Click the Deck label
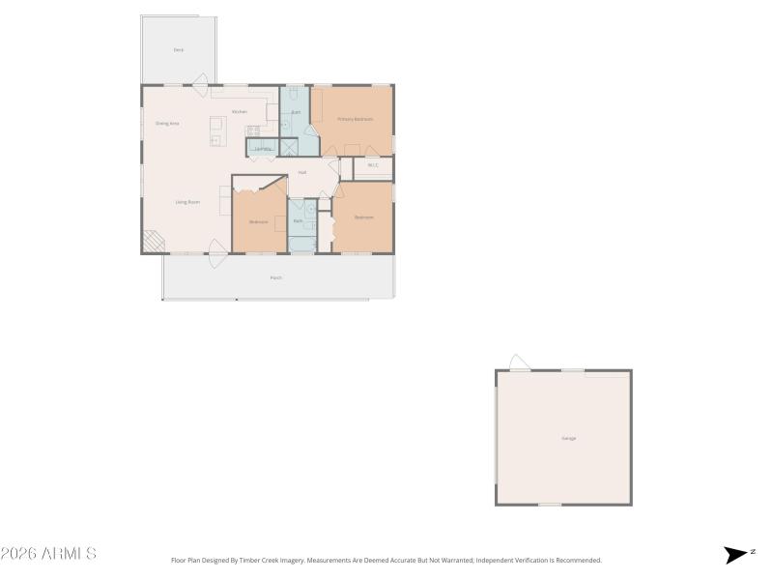(179, 49)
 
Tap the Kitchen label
(240, 112)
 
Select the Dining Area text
(167, 124)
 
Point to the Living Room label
(187, 202)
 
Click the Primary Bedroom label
(355, 119)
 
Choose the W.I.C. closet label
(373, 166)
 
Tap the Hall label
(302, 172)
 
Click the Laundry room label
(261, 149)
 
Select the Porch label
(276, 277)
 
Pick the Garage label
(569, 438)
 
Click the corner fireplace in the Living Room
(152, 241)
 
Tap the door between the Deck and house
(201, 82)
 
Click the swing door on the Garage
(519, 362)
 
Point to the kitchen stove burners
(253, 130)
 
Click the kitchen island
(218, 130)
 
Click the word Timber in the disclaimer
(268, 560)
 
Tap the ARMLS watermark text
(48, 554)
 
